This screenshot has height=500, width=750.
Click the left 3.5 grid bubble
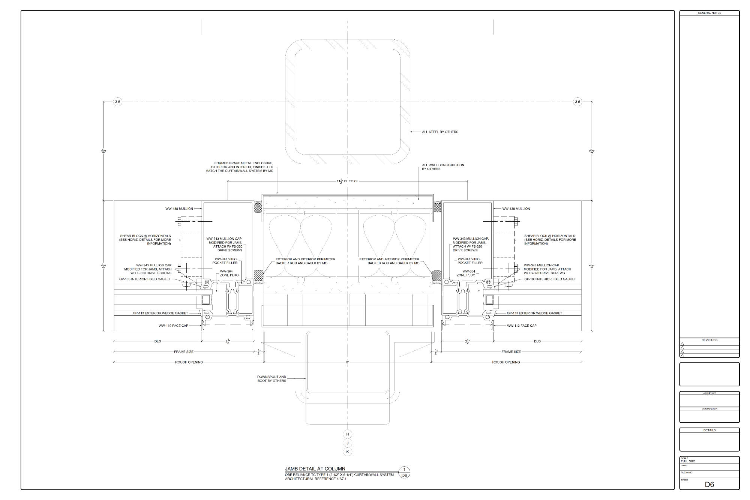[118, 102]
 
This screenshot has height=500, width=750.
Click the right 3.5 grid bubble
[577, 102]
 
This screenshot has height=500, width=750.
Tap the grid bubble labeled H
[348, 434]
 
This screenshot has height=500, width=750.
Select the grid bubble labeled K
[348, 452]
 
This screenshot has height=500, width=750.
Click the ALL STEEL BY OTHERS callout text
[440, 132]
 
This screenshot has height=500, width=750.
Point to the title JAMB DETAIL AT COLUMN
[315, 468]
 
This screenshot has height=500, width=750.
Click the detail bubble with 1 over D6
[404, 473]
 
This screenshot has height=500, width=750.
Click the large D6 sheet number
[709, 484]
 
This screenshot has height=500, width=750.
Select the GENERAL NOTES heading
[709, 13]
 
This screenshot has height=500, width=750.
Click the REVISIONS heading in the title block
[709, 340]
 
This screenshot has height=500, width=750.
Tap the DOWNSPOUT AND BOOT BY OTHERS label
[271, 379]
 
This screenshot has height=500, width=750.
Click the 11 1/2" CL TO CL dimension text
[347, 181]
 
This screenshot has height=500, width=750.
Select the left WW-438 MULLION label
[179, 209]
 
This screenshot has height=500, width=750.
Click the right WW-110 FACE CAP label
[522, 326]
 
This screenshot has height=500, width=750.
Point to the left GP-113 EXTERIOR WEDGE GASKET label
[160, 313]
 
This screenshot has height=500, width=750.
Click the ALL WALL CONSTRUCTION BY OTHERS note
[443, 167]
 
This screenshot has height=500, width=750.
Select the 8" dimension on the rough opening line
[348, 362]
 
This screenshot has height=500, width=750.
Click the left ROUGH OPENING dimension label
[189, 362]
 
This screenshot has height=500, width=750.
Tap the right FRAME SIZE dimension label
[511, 352]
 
